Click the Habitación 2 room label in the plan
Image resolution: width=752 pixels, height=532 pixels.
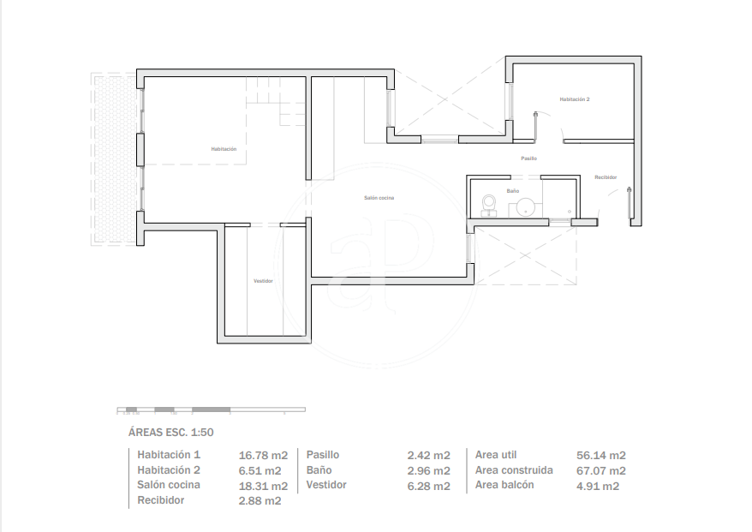(575, 99)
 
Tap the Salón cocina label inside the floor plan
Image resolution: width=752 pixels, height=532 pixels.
(379, 198)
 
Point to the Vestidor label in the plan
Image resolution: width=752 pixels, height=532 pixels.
(263, 281)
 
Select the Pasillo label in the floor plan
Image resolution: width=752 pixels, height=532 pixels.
(529, 158)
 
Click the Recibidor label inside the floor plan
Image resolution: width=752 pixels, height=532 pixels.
(606, 177)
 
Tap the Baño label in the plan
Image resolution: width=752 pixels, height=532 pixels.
(513, 191)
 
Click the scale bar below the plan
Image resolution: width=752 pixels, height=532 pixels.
(211, 409)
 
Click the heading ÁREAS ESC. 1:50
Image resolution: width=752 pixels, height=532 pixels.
(170, 433)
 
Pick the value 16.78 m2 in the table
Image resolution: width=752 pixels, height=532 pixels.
(263, 455)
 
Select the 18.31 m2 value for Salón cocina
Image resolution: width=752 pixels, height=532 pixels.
(263, 486)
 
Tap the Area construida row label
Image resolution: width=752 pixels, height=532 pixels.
(514, 470)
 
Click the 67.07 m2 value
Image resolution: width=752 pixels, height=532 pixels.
(601, 470)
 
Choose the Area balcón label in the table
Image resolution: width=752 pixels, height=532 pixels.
(504, 485)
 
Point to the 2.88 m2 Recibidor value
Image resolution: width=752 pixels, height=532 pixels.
(260, 501)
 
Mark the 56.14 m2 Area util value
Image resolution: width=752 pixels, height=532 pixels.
(601, 455)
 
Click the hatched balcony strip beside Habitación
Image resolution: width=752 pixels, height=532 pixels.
(115, 159)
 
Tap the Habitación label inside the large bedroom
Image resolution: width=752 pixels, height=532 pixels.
(224, 149)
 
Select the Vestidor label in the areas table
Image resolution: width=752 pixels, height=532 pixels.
(326, 485)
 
